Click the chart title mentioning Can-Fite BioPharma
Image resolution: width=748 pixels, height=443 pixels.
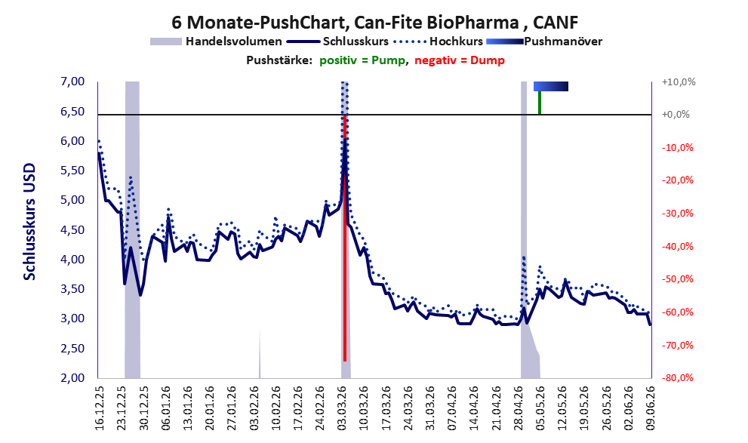(374, 22)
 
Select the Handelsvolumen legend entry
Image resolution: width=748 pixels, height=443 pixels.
(216, 42)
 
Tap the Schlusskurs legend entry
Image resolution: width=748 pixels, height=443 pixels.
(337, 42)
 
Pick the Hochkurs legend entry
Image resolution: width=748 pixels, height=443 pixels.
(439, 42)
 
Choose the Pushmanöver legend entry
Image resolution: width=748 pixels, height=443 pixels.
(544, 42)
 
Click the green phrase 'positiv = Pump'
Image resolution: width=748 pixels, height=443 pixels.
(362, 60)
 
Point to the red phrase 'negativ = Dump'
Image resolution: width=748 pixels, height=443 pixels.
(460, 60)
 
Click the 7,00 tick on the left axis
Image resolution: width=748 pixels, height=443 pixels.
(72, 82)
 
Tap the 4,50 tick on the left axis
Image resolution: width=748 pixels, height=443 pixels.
(72, 230)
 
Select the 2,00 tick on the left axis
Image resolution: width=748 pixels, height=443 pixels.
(72, 378)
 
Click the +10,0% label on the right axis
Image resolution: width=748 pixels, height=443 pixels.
(679, 82)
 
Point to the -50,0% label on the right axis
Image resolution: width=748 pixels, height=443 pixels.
(677, 279)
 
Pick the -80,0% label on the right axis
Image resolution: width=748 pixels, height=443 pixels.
(677, 377)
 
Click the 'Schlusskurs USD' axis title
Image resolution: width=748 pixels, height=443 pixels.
(29, 222)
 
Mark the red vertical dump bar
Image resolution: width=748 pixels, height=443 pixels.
(345, 238)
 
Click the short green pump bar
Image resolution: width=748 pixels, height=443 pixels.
(540, 103)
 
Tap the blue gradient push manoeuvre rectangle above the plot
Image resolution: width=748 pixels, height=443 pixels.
(551, 86)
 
